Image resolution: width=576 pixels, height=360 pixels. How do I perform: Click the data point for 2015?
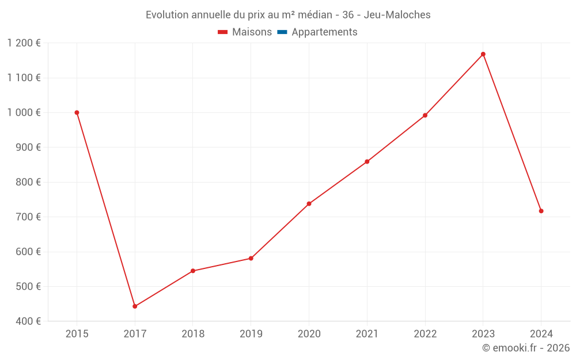(77, 113)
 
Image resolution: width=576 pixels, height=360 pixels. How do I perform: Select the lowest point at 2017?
(135, 306)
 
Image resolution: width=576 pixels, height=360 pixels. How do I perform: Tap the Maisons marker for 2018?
(193, 271)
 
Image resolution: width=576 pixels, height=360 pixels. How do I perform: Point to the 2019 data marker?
(251, 258)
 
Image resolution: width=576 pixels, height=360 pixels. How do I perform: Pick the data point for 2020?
(309, 203)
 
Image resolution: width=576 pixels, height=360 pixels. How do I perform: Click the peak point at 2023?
(483, 54)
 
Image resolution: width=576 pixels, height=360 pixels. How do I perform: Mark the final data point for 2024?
(541, 211)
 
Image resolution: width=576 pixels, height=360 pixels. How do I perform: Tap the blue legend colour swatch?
(282, 32)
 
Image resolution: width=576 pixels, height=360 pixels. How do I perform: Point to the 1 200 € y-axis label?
(24, 43)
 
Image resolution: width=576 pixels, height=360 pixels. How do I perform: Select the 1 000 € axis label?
(24, 113)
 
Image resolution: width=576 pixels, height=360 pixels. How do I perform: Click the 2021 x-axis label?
(367, 334)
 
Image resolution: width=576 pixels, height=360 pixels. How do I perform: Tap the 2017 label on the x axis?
(135, 334)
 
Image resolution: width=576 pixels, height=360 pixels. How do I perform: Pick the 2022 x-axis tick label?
(425, 334)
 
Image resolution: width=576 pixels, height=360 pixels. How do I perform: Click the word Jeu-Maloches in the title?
(397, 15)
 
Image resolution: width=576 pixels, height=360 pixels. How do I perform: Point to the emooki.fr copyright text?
(526, 348)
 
